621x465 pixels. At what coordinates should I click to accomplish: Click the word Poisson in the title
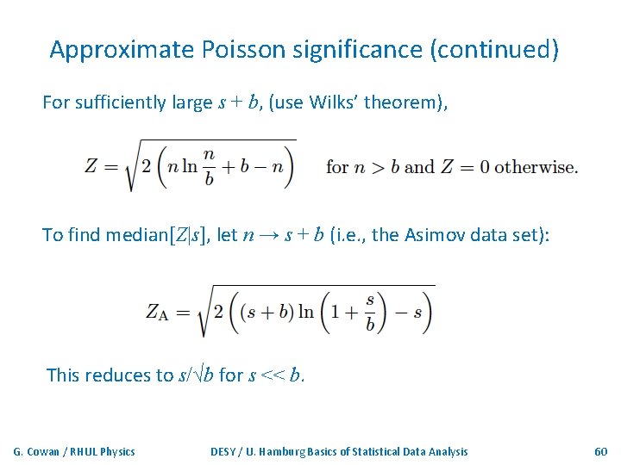pyautogui.click(x=243, y=50)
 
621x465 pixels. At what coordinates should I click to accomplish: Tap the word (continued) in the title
pyautogui.click(x=494, y=50)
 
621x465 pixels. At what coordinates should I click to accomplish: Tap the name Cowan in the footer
pyautogui.click(x=45, y=451)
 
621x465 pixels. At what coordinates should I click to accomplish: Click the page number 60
pyautogui.click(x=601, y=451)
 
